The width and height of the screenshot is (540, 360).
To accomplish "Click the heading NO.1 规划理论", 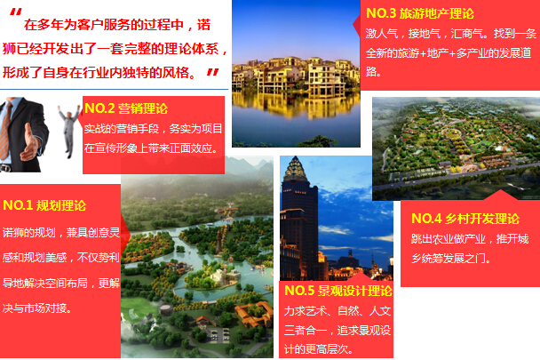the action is [44, 205].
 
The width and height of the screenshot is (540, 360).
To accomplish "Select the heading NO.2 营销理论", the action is [126, 108].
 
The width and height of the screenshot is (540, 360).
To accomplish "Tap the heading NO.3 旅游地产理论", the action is [420, 13].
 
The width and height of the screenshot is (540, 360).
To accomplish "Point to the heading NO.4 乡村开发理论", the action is [465, 219].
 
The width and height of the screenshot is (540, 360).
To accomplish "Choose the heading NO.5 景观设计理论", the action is [338, 291].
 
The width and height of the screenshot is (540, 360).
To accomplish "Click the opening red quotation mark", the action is [15, 12].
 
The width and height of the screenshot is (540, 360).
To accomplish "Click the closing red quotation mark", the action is [212, 72].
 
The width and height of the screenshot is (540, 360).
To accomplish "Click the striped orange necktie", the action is [5, 131].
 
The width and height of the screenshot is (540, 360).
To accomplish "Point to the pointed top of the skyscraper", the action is [295, 157].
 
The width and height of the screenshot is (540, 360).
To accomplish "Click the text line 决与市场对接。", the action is [37, 308].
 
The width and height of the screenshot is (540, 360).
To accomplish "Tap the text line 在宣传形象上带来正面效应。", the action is [152, 148].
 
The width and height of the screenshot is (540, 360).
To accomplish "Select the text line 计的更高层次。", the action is [319, 349].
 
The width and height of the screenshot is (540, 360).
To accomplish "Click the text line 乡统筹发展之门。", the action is [451, 258].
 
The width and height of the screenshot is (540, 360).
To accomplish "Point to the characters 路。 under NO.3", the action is [373, 71].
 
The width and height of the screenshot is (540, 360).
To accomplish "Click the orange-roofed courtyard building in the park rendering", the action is [254, 314].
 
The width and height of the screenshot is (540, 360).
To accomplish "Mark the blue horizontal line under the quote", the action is [114, 89].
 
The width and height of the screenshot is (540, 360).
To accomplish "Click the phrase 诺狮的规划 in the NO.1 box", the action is [29, 232].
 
